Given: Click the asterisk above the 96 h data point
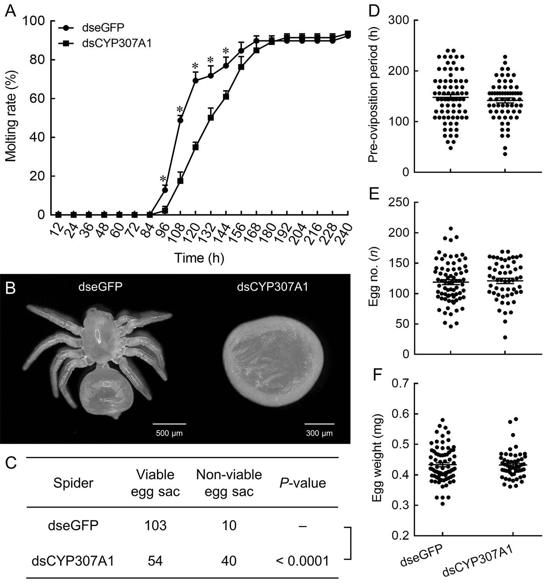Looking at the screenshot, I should pos(164,179).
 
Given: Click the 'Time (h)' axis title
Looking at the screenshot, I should pos(199,258).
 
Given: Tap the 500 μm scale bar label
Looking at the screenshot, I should pos(169,433).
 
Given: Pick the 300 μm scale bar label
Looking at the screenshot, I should pos(319,433).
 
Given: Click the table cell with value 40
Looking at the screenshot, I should pos(229,560).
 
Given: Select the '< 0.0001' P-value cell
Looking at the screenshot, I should pos(303,560).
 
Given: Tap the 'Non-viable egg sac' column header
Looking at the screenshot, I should pos(229,483).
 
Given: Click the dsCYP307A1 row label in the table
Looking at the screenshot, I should pos(73,560).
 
